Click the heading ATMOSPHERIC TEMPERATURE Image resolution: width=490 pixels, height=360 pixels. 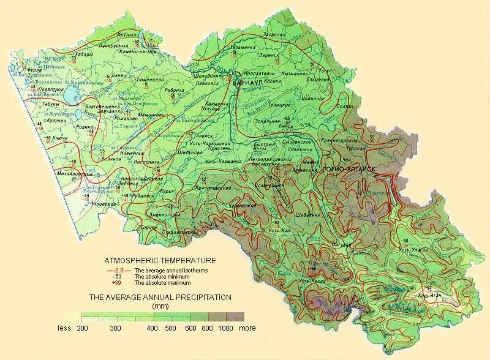point(160,260)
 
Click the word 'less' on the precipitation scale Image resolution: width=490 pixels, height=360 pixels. point(64,328)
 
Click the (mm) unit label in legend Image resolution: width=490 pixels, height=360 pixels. point(160,306)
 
